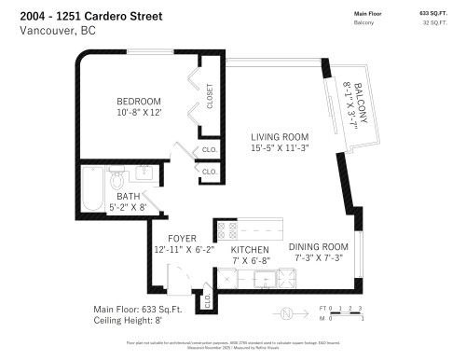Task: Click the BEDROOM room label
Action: pos(139,101)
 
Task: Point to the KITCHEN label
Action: pos(250,250)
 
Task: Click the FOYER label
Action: pos(182,239)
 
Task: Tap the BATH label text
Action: pos(129,196)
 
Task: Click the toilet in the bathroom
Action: pos(117,178)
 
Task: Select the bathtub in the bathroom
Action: pos(92,190)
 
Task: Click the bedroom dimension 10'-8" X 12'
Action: pos(139,113)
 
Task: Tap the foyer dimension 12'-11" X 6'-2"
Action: pos(185,250)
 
